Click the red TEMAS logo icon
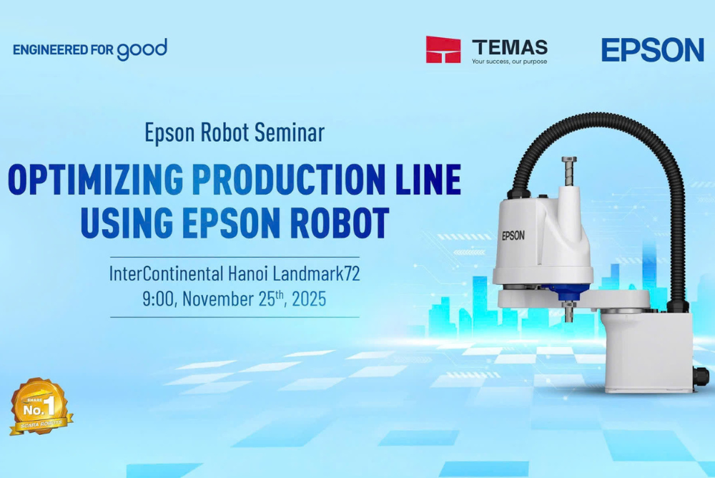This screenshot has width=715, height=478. (x=443, y=50)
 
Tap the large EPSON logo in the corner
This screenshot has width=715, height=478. (x=652, y=50)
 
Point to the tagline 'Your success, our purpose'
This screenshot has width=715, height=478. (x=509, y=62)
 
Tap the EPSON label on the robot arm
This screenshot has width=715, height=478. (x=513, y=235)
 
